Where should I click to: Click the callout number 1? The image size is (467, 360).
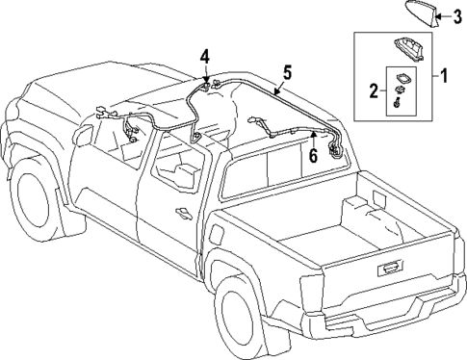pos(446,73)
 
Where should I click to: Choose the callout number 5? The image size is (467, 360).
pos(286,72)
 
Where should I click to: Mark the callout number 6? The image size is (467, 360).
pos(313,152)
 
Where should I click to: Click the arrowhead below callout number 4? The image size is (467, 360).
pos(205,82)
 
